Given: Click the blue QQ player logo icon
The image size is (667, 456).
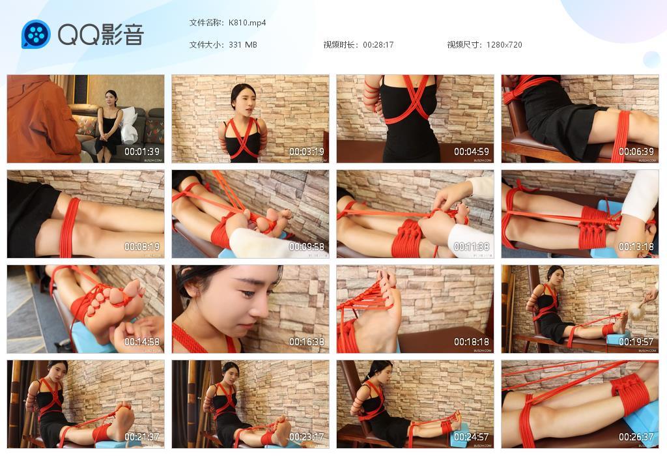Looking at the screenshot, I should click(x=36, y=35).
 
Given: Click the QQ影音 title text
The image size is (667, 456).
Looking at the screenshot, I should click(x=100, y=35).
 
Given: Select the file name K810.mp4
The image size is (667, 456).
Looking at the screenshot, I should click(x=247, y=23).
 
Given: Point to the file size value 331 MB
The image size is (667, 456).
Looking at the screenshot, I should click(x=243, y=45).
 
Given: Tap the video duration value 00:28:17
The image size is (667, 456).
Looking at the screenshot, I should click(x=378, y=45).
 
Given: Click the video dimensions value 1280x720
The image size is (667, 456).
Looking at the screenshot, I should click(x=504, y=45).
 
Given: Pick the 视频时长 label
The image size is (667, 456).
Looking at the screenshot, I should click(x=341, y=45).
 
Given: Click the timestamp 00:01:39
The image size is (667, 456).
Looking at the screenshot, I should click(x=142, y=152).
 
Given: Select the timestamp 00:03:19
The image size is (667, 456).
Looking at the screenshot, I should click(x=307, y=152).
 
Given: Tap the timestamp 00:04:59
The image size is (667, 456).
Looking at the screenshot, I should click(x=472, y=152).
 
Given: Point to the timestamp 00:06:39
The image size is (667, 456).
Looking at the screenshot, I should click(x=636, y=152).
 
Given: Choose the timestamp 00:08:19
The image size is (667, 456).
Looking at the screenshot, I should click(x=142, y=247).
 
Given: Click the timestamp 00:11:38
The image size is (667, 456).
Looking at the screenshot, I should click(x=472, y=247).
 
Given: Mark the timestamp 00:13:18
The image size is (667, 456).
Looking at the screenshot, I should click(x=636, y=247).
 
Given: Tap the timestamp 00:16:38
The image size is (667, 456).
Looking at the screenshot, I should click(x=307, y=342).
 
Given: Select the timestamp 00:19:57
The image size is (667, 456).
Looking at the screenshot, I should click(x=636, y=342).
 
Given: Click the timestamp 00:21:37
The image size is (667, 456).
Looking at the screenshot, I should click(x=142, y=437).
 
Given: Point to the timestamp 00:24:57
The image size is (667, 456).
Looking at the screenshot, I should click(x=472, y=437).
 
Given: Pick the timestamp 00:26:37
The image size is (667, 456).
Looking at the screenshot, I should click(x=636, y=437).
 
